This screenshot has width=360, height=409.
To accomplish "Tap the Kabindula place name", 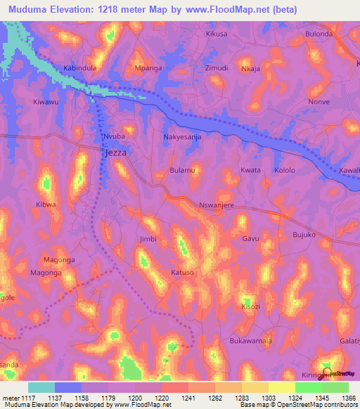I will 79,68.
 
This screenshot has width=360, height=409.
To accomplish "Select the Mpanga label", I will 148,69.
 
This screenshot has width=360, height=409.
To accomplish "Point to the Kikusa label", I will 217,34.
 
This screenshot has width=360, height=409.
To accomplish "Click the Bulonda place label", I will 319,34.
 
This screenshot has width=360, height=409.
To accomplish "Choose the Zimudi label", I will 216,68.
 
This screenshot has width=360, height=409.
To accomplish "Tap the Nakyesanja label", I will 182,137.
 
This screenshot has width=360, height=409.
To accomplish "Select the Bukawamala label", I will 250,341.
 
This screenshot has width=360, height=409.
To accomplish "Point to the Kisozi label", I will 251,307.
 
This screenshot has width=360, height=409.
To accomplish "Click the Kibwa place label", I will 46,205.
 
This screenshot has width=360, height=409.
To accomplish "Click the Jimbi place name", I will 148,240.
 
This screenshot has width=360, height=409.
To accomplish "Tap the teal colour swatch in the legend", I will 41,387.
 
